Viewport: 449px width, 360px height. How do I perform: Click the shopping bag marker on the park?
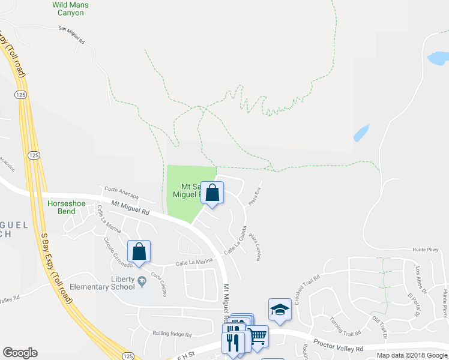pos(212,193)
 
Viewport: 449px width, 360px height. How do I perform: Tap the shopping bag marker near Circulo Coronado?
pos(139,252)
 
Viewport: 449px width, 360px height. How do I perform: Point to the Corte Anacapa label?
pos(121,193)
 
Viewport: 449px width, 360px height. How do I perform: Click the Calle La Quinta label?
pos(236,239)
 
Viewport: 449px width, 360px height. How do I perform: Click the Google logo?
pos(20,353)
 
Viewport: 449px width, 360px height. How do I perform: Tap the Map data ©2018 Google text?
pos(412,355)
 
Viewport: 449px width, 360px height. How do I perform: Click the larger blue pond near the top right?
pos(438,58)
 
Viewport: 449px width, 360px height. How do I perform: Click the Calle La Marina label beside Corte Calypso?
pos(194,262)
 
